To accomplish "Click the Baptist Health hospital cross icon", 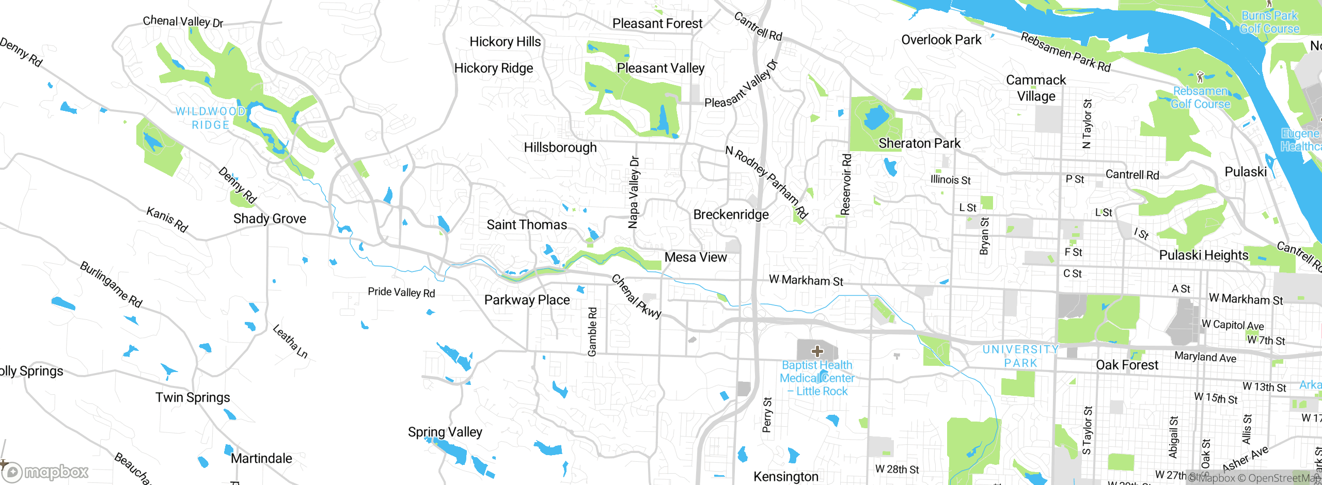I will (x=817, y=352).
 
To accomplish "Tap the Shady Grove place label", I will (x=270, y=219).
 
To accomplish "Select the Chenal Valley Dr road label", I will (x=183, y=22).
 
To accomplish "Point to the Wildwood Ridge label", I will (x=210, y=118).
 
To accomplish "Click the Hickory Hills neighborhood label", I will (x=505, y=42).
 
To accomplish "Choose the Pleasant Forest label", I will (x=657, y=24).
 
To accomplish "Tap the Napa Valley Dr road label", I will (x=634, y=192).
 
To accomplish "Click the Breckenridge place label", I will (x=731, y=215).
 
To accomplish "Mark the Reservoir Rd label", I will (x=845, y=184).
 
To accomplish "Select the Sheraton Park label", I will (x=919, y=143).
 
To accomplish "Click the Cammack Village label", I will (x=1036, y=88).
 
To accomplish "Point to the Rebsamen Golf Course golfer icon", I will (x=1200, y=77).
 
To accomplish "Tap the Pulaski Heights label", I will (x=1203, y=255).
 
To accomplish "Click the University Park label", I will (x=1020, y=356).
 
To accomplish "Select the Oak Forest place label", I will (x=1127, y=365).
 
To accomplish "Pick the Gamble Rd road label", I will (x=592, y=332).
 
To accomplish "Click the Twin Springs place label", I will (x=193, y=398).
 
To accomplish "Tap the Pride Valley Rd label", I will (x=401, y=293).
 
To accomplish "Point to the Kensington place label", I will (x=785, y=477).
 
